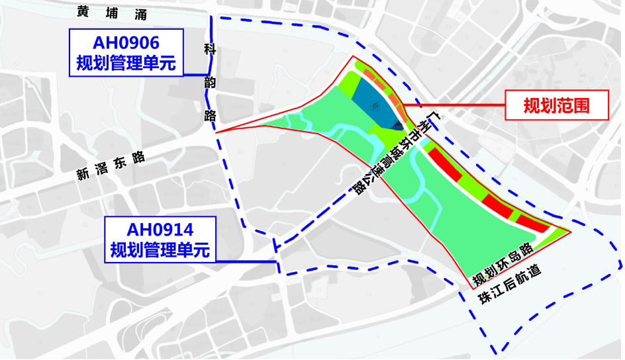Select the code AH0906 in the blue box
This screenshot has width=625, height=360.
126,44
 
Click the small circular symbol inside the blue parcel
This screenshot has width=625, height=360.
375,107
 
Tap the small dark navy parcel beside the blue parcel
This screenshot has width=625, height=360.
397,125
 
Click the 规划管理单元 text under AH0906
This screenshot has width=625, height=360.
126,64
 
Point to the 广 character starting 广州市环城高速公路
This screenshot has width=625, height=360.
434,120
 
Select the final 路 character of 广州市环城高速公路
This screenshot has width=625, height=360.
360,187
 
